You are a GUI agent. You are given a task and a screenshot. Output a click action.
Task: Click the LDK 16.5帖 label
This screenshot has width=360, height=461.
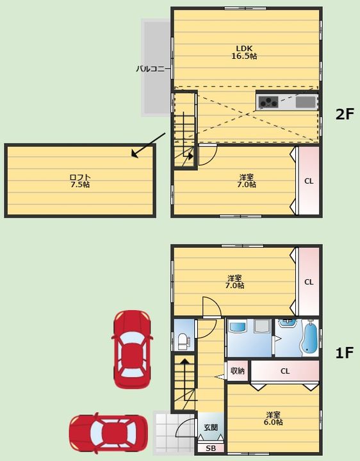point(244,53)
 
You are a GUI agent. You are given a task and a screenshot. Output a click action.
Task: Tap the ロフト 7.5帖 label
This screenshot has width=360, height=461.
point(80,181)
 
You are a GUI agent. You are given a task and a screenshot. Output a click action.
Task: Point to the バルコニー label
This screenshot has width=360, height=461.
point(153,69)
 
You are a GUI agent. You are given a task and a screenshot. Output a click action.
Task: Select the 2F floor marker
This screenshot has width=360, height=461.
point(345,114)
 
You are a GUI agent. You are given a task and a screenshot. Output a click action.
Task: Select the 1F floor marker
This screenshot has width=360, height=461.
point(345,353)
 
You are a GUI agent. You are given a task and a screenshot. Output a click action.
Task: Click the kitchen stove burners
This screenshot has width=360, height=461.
point(268,102)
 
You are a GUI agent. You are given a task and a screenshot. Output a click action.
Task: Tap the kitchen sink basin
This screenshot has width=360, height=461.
point(306,102)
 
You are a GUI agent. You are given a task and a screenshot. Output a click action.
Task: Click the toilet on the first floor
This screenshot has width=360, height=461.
point(184,341)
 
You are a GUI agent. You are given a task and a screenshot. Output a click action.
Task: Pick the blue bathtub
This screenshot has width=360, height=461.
point(309,337)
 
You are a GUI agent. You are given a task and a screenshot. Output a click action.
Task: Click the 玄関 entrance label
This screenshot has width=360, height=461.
point(211,427)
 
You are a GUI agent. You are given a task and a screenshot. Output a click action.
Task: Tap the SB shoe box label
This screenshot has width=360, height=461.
point(211,448)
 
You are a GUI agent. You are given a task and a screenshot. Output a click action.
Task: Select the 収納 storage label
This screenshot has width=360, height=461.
point(238,371)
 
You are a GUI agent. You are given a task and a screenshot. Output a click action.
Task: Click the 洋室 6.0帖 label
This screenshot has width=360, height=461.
point(274,418)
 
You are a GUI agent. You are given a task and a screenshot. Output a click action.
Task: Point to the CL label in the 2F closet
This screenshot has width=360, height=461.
point(309,181)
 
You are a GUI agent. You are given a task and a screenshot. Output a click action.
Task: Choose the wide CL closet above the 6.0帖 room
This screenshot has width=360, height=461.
point(285,371)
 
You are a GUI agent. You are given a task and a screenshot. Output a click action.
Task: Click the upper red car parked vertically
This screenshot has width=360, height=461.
point(132,350)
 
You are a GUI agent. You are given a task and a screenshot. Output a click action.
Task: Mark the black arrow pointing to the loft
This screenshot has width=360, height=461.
point(148,145)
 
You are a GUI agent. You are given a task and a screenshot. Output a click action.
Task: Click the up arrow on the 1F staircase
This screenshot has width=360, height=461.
point(184,379)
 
